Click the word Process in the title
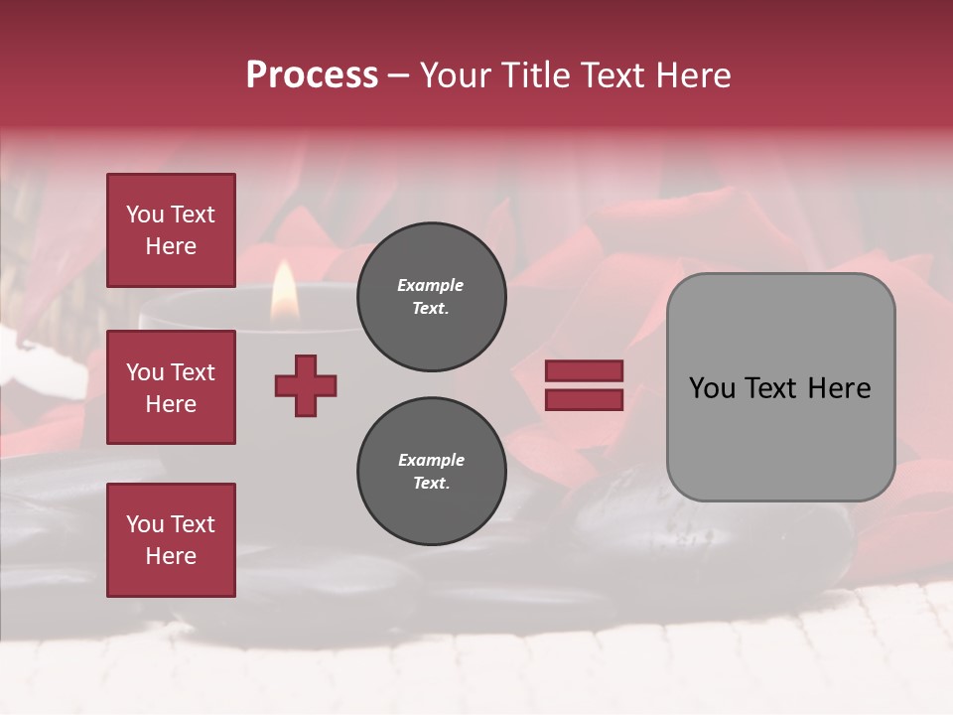point(312,75)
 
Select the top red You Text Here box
point(171,230)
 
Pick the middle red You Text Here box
point(171,387)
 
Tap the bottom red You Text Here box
point(171,539)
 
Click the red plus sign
point(306,385)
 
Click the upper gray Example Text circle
point(431,297)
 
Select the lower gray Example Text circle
point(431,472)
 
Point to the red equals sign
point(585,385)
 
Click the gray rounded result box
point(780,387)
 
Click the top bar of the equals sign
point(585,371)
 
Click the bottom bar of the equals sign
point(585,399)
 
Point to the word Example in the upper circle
point(431,285)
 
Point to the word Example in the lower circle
point(431,460)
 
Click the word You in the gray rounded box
point(713,388)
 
